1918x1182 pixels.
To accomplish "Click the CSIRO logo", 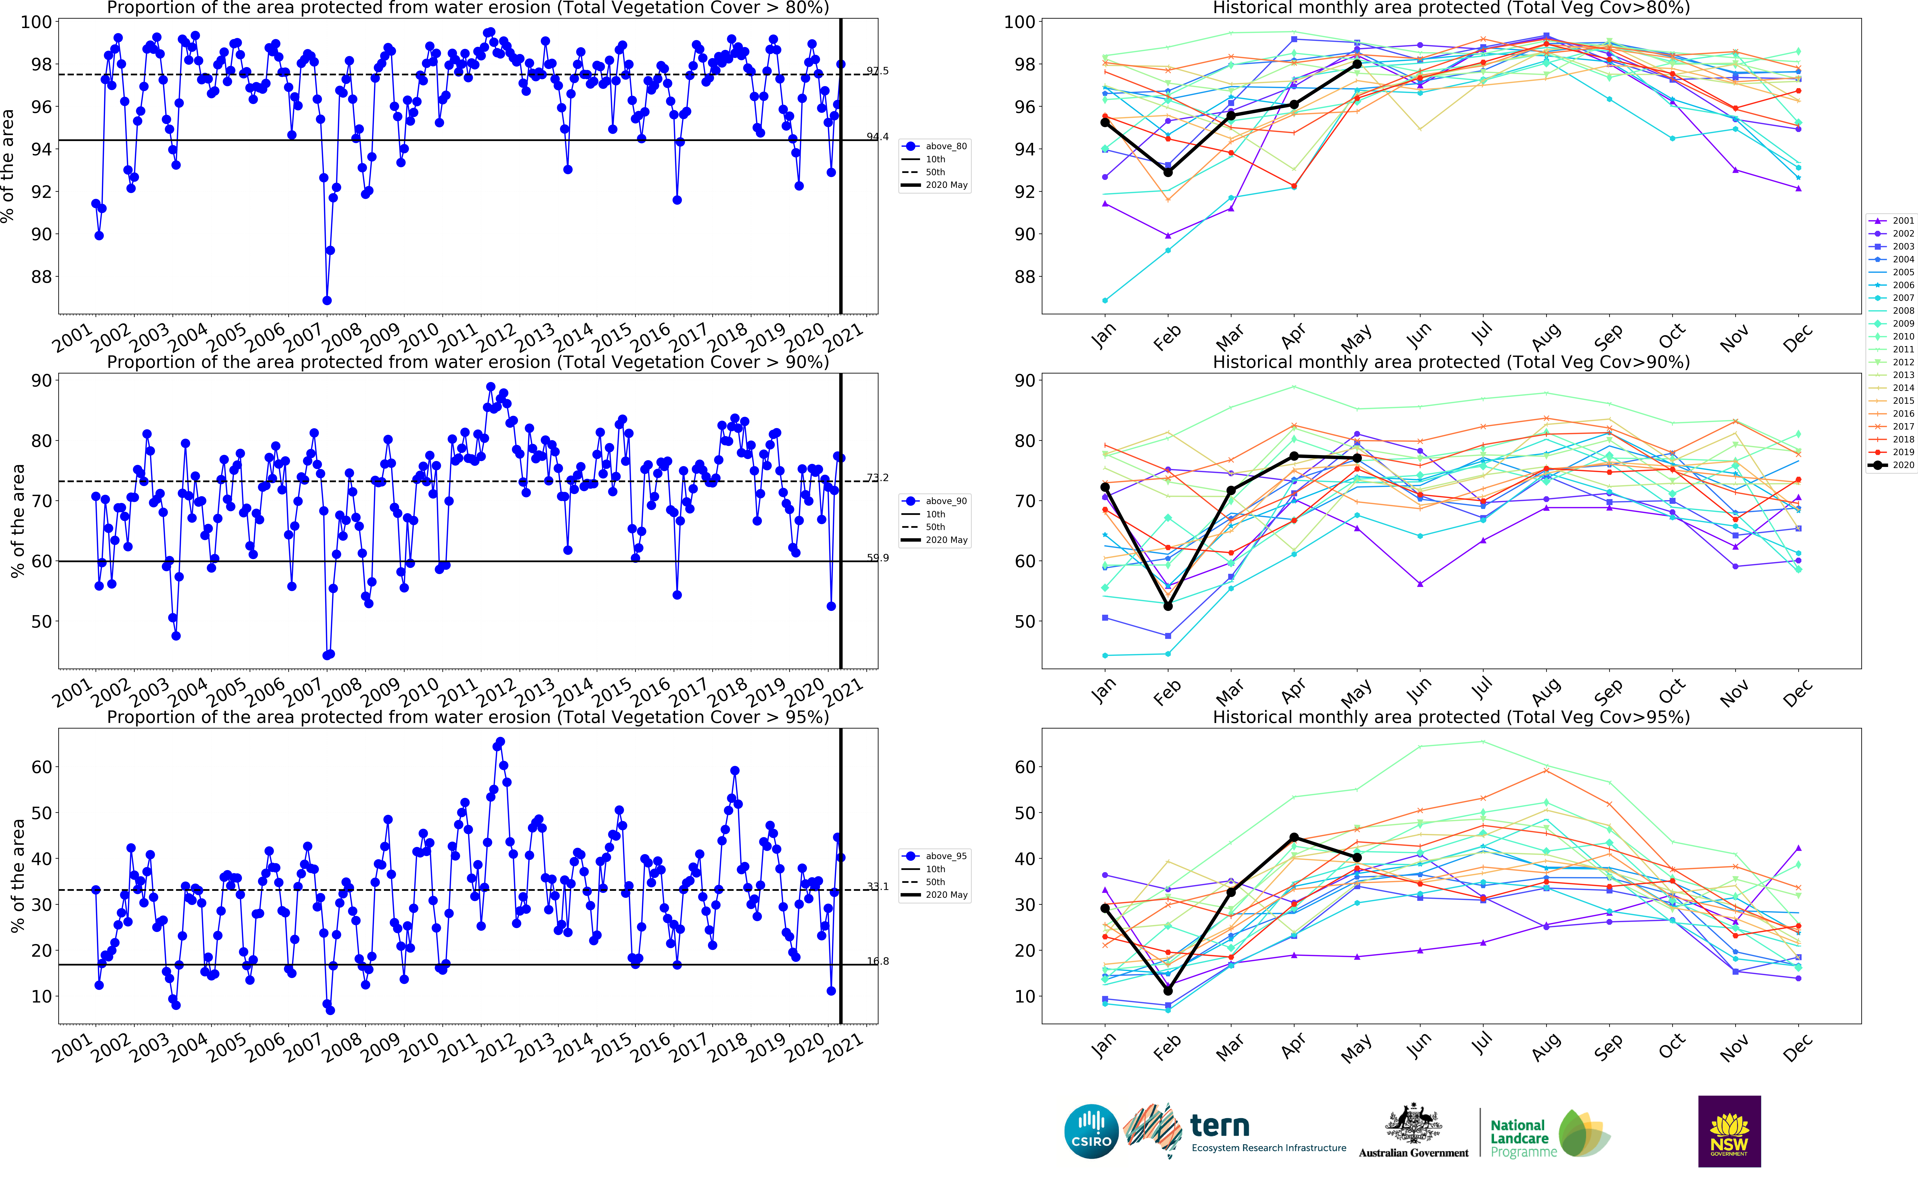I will (1091, 1131).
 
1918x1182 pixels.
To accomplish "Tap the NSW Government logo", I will (1729, 1131).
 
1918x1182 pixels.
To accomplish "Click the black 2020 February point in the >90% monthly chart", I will (1168, 606).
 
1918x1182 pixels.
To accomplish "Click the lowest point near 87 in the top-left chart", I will (327, 300).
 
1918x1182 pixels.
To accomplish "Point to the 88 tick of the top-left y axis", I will (41, 277).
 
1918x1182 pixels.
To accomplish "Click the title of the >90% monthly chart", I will (1451, 362).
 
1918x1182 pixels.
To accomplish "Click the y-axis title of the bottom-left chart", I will (17, 876).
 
